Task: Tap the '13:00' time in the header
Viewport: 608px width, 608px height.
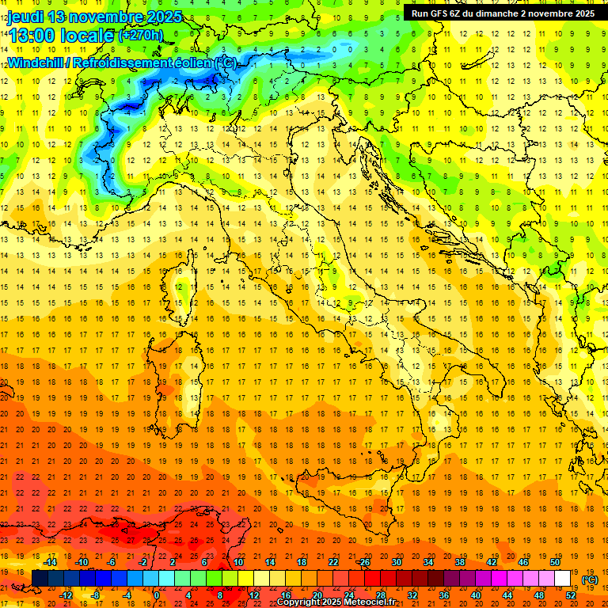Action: (35, 36)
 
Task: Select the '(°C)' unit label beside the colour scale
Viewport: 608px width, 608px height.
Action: (590, 579)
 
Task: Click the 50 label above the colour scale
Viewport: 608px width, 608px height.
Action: (555, 562)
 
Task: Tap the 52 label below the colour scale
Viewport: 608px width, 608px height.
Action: (571, 595)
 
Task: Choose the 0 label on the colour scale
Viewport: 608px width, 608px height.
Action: (157, 595)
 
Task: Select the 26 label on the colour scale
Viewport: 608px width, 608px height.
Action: (363, 562)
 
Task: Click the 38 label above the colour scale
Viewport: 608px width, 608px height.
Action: (459, 562)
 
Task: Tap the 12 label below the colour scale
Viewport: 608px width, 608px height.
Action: (255, 595)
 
